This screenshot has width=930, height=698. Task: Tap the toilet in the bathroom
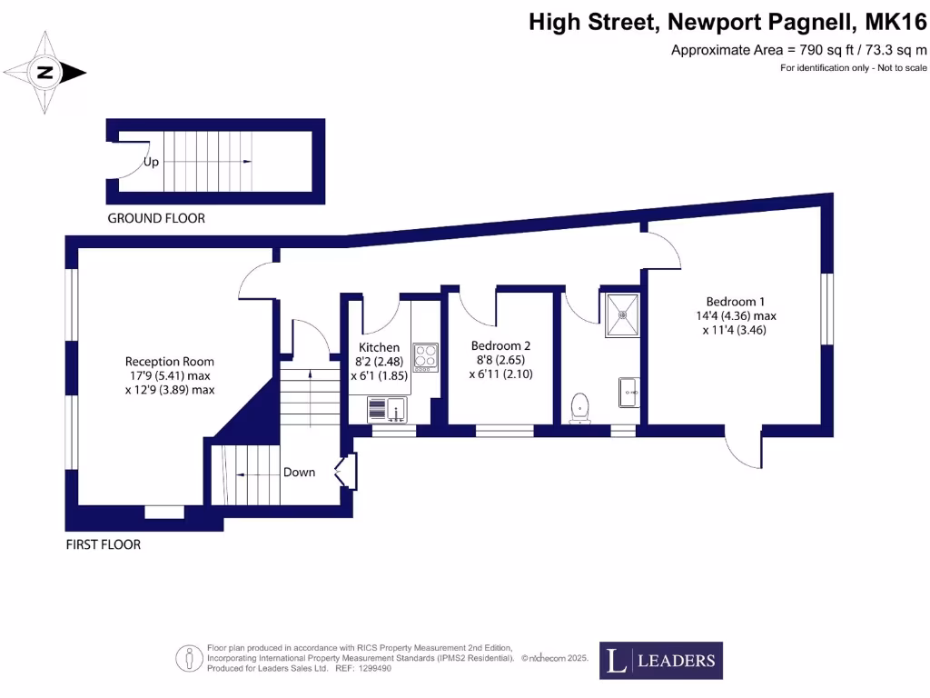[578, 409]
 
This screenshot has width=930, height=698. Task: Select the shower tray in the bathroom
[623, 314]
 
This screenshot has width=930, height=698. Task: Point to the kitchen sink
[388, 411]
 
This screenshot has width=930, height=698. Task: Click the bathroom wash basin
[629, 392]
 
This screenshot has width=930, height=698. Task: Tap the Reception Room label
[169, 362]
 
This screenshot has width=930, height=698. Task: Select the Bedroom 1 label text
[737, 302]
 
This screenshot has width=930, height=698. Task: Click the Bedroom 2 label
[500, 345]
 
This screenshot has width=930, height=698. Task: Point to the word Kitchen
[379, 347]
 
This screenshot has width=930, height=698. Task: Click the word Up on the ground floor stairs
[152, 162]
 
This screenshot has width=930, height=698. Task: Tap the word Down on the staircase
[299, 472]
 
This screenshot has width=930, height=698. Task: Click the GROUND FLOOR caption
[156, 218]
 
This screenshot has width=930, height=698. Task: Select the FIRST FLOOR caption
[104, 545]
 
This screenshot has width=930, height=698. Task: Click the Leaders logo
[661, 661]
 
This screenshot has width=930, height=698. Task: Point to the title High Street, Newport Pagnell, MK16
[727, 22]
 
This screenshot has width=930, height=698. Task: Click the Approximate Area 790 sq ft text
[798, 50]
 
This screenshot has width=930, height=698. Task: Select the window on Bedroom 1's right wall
[826, 309]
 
